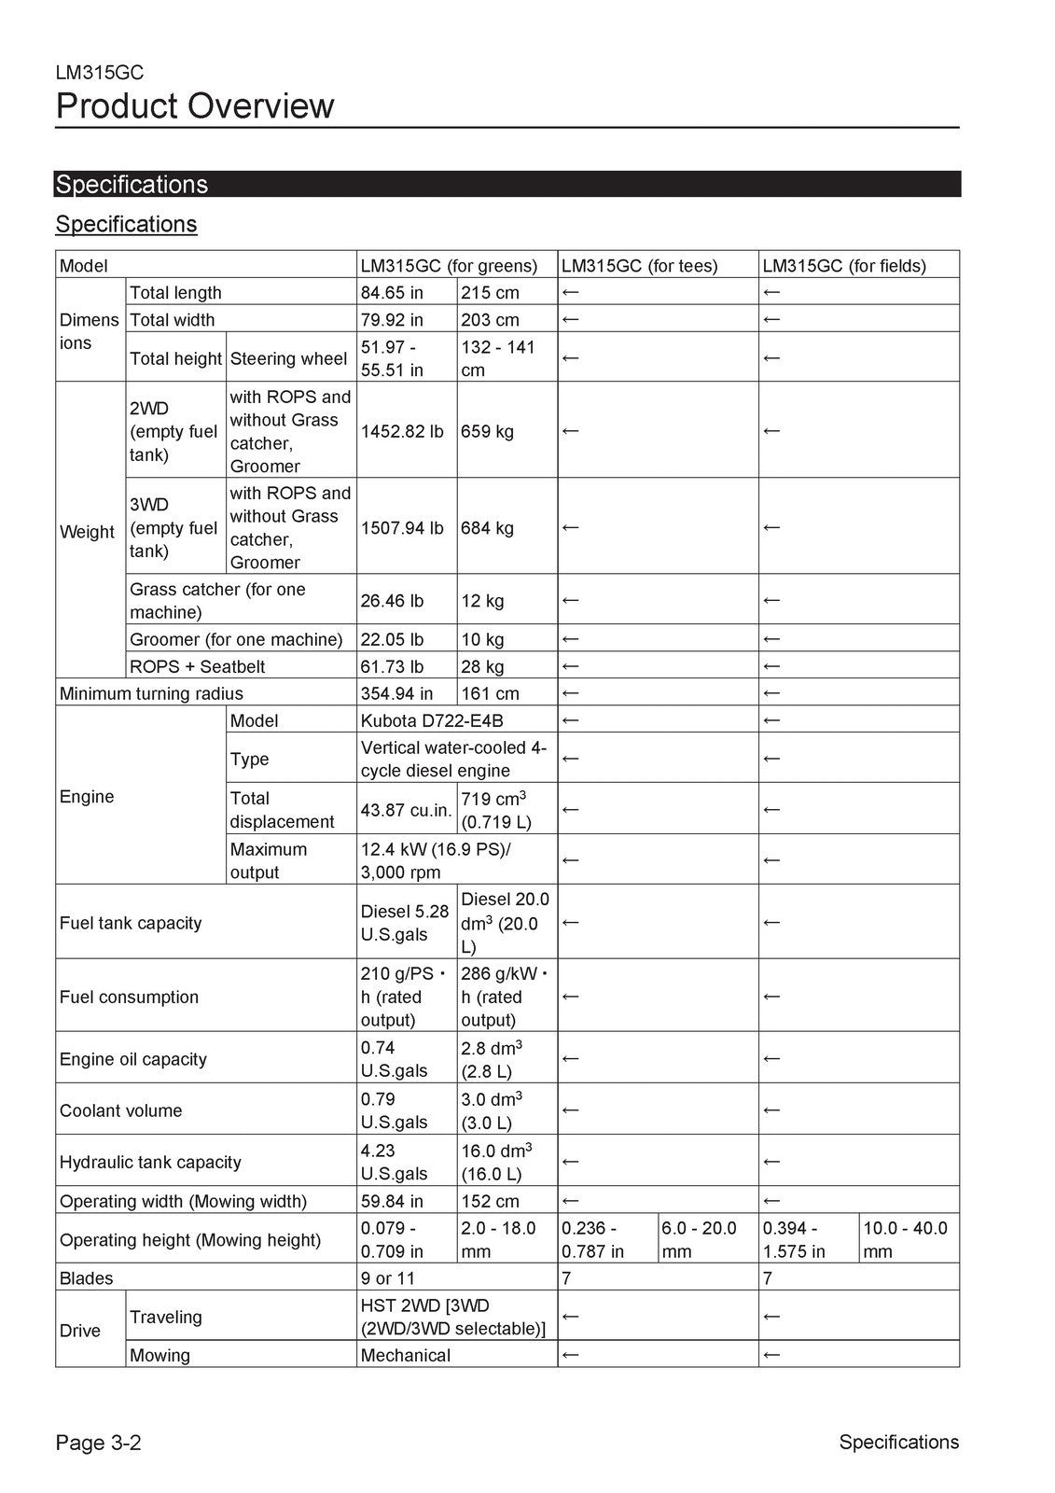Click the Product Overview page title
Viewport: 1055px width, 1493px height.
coord(194,106)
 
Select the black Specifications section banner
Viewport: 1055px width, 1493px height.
coord(507,184)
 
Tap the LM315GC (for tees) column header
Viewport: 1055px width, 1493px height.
coord(640,266)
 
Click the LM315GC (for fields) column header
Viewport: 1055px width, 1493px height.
coord(844,266)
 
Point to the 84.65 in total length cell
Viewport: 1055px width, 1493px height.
coord(392,292)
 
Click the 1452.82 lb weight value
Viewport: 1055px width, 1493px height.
coord(402,431)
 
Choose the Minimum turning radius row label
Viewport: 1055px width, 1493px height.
coord(151,693)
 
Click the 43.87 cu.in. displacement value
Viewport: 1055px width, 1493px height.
coord(406,810)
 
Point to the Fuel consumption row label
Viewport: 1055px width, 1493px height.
coord(129,997)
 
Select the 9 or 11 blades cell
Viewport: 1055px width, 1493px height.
coord(388,1278)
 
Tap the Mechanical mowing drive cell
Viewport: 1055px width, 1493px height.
coord(406,1355)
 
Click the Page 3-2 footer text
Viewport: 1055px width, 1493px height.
coord(98,1443)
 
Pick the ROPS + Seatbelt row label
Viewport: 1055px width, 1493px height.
coord(197,666)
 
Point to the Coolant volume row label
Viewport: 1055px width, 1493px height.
coord(121,1110)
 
